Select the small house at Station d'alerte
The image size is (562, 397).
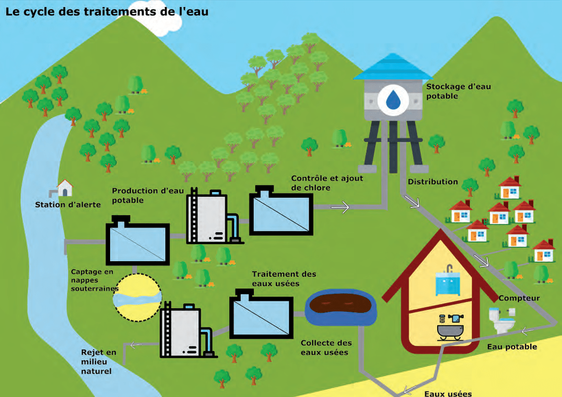65,188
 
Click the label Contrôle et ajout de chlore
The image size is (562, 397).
327,183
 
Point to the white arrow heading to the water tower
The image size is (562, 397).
340,207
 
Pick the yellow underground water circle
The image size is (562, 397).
138,297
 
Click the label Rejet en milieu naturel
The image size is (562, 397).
99,362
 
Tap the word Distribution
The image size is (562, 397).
433,181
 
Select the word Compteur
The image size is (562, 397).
519,298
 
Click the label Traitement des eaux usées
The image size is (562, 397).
284,279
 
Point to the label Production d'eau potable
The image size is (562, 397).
147,195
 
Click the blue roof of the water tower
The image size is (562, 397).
392,67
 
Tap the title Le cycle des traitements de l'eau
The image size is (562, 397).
107,12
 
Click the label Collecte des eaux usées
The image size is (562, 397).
326,347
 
